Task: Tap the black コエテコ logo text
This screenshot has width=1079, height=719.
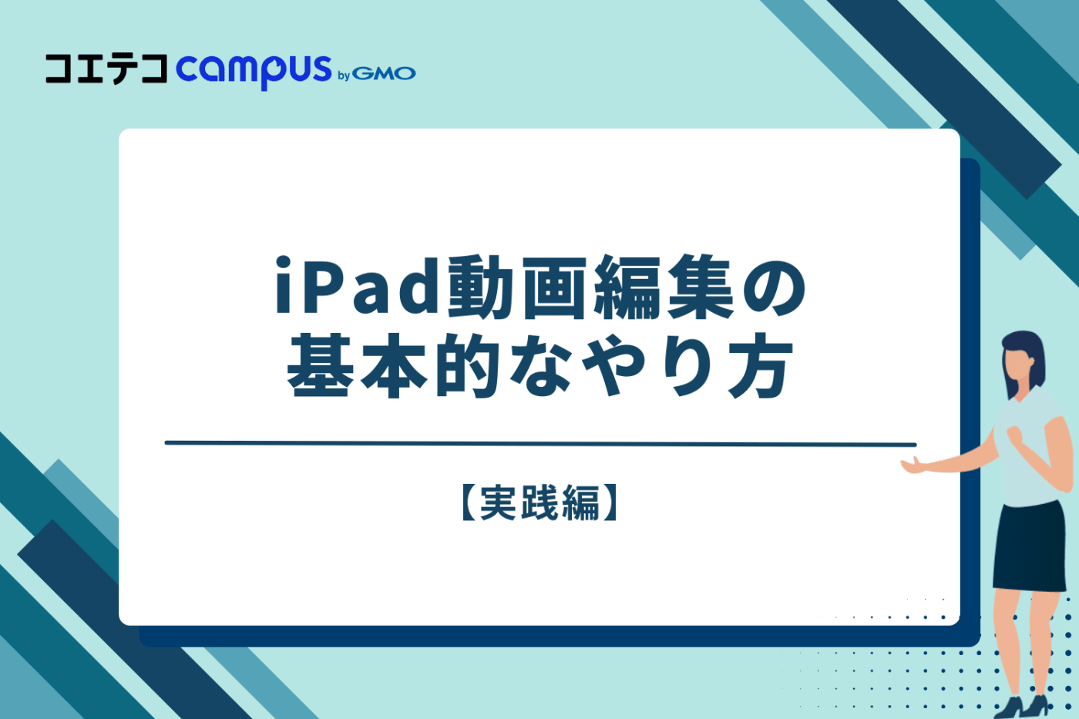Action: click(x=106, y=69)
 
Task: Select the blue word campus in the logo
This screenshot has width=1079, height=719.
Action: click(x=254, y=71)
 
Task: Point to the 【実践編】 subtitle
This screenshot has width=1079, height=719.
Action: click(x=539, y=503)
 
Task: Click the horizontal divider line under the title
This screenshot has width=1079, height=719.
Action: click(x=539, y=444)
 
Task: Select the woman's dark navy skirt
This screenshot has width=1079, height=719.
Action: click(x=1029, y=547)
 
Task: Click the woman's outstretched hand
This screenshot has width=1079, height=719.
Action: click(x=914, y=465)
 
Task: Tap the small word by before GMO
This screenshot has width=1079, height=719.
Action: click(x=344, y=76)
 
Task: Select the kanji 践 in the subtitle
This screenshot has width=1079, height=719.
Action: click(x=539, y=503)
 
